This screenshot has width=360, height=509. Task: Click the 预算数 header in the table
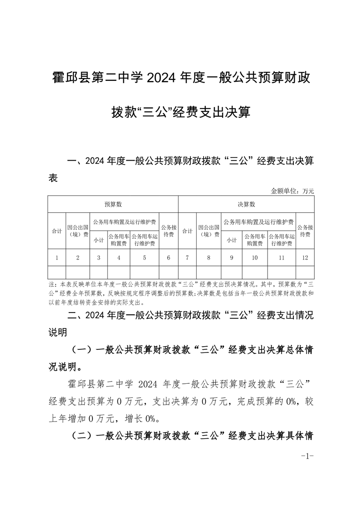coord(113,205)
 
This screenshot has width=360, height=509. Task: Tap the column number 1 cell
coord(57,258)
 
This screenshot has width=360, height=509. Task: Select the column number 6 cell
coord(169,258)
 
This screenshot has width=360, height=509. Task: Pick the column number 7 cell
coord(187,258)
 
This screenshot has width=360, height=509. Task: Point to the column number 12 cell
coord(305,258)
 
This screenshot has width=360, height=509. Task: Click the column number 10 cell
coord(255,258)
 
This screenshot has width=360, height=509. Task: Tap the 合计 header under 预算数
coord(57,231)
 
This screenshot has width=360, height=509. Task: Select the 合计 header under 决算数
coord(187,231)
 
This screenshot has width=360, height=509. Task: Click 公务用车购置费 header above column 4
coord(119,240)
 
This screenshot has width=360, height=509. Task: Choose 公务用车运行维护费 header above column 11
coord(282,240)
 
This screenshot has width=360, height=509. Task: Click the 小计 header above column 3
coord(99,240)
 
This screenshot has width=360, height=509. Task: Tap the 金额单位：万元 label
coord(292,191)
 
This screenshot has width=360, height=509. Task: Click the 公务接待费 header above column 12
coord(305,231)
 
